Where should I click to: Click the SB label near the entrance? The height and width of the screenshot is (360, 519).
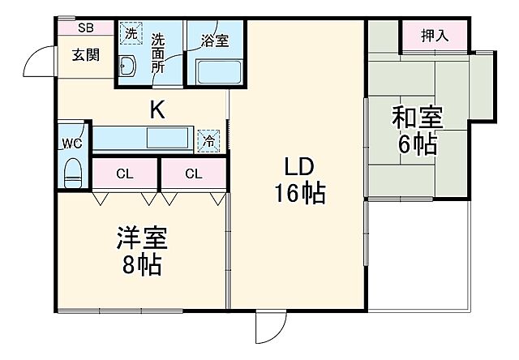tap(85, 28)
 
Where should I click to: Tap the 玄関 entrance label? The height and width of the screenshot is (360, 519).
tap(84, 55)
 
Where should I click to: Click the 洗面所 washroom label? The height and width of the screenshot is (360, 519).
tap(158, 54)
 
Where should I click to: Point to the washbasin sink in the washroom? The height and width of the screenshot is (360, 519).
tap(127, 67)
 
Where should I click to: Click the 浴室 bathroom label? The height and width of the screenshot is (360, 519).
tap(215, 41)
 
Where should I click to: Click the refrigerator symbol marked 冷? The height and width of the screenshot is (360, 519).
tap(209, 140)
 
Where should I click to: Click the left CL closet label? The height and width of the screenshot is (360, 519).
tap(124, 173)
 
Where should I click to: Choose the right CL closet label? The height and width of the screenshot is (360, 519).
tap(193, 173)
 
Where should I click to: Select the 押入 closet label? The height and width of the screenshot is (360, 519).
tap(435, 35)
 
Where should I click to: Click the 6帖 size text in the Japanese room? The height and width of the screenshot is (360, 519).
tap(418, 145)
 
